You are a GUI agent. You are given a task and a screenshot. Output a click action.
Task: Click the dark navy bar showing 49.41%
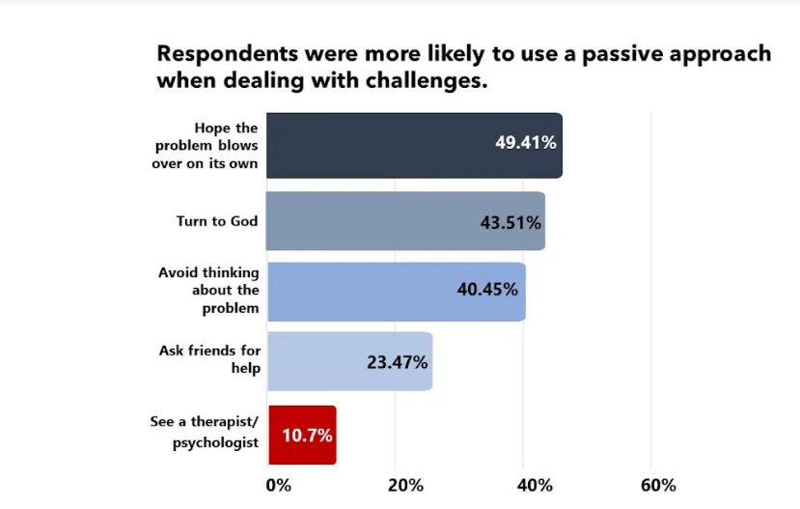click(386, 146)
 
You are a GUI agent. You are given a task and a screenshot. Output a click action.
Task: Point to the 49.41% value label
click(526, 143)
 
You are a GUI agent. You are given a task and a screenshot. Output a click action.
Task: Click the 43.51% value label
click(510, 221)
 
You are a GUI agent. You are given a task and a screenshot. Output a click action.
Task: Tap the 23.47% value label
click(398, 362)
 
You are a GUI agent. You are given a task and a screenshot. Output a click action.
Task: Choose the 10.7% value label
click(307, 435)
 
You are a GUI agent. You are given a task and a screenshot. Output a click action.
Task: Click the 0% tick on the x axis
click(278, 484)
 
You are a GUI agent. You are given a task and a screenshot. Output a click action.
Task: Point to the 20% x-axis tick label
click(405, 484)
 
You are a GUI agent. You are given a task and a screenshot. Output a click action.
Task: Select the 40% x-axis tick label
click(535, 484)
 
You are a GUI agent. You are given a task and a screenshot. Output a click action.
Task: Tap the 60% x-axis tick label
click(657, 484)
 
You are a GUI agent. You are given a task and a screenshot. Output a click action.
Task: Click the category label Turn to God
click(217, 221)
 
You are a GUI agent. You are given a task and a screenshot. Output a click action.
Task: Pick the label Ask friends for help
click(209, 359)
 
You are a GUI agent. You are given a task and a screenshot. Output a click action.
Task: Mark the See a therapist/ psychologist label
click(205, 432)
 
